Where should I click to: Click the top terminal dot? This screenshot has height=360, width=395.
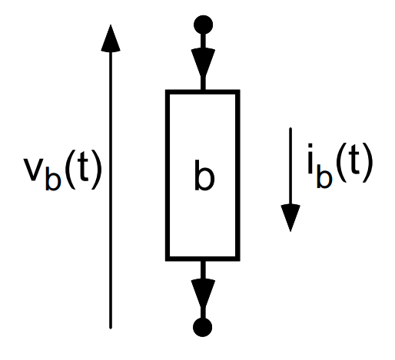click(203, 25)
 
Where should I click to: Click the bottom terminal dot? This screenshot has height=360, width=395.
click(202, 327)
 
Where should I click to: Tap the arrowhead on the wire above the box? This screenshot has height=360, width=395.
click(203, 62)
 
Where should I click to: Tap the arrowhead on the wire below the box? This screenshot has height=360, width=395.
click(203, 294)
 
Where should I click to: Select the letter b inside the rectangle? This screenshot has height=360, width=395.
click(204, 176)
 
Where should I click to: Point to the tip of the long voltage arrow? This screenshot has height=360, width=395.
click(111, 25)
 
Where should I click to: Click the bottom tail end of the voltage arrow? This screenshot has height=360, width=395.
click(111, 328)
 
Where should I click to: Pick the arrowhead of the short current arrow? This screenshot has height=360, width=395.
click(290, 218)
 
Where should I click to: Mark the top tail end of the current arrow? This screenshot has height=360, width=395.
click(290, 128)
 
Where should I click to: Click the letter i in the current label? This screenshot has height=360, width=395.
click(310, 159)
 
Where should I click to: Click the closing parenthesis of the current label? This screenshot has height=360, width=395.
click(367, 162)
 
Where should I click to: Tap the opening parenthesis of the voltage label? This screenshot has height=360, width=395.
click(70, 170)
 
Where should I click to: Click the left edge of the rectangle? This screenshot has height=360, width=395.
click(168, 175)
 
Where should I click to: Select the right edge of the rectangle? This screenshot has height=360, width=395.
click(237, 175)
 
